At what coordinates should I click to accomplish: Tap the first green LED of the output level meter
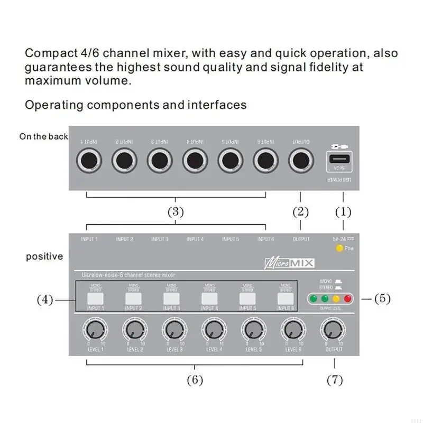[x=314, y=298]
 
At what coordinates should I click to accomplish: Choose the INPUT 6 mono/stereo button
[x=286, y=299]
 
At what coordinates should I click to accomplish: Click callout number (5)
[x=382, y=298]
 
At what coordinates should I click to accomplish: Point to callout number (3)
[x=176, y=213]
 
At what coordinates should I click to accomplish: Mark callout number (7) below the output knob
[x=334, y=380]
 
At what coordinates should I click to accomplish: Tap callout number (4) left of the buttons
[x=44, y=300]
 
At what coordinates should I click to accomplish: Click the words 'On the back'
[x=44, y=136]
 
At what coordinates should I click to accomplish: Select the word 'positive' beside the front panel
[x=44, y=256]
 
